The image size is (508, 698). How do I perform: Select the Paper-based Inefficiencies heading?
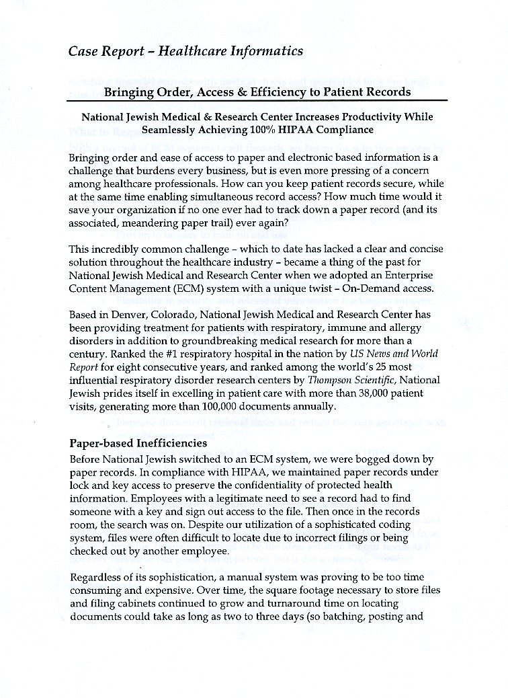138,444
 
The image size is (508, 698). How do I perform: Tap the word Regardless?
99,576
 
